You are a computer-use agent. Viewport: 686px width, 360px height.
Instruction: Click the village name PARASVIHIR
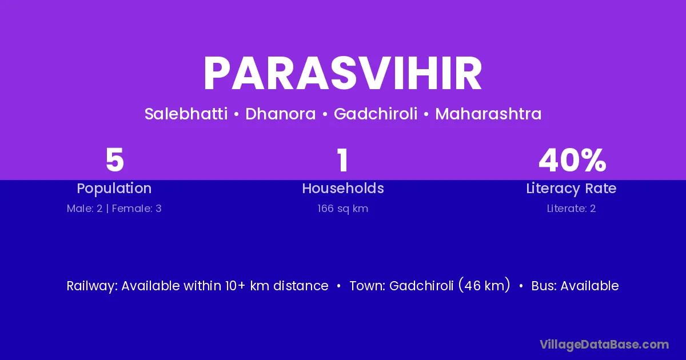point(342,74)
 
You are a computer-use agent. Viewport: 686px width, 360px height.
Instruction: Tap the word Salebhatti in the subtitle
point(186,114)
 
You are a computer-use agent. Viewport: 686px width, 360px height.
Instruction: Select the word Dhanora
point(281,114)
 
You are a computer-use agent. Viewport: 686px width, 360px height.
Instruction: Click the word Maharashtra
point(488,114)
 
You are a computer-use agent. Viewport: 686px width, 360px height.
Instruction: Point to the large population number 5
point(114,160)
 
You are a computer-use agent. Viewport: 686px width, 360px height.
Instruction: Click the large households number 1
point(342,160)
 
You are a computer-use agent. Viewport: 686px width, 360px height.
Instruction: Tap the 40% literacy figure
point(572,160)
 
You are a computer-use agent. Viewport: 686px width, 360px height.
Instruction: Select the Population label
point(114,188)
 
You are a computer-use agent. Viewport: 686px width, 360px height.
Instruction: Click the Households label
point(343,188)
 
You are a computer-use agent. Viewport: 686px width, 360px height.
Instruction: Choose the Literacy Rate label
point(571,188)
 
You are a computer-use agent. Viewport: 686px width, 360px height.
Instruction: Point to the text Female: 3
point(137,209)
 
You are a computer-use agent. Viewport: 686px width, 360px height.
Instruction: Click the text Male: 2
point(85,209)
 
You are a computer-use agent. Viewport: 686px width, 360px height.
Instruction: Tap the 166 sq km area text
point(342,209)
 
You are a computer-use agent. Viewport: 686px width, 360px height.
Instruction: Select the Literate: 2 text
point(571,209)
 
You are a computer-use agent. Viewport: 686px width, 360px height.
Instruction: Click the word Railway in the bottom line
point(91,286)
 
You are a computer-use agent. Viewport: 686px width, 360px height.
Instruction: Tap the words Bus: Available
point(575,286)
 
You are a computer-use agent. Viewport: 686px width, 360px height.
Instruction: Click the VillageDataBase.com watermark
point(604,345)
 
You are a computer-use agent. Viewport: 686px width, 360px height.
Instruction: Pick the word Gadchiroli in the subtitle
point(376,114)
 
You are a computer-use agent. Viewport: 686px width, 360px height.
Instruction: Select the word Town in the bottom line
point(366,286)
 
